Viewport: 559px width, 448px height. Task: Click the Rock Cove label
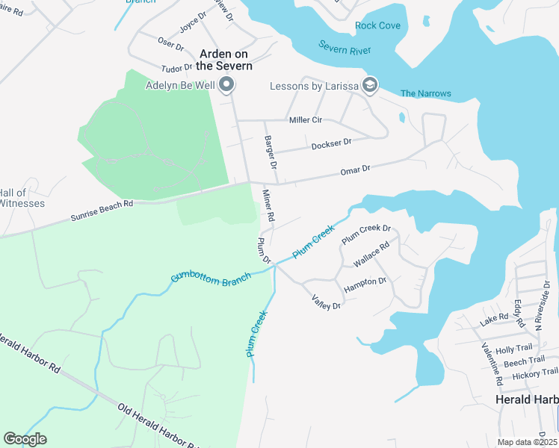pyautogui.click(x=377, y=25)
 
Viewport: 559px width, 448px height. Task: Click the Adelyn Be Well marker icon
pyautogui.click(x=226, y=84)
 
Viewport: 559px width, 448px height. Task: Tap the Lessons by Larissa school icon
pyautogui.click(x=368, y=84)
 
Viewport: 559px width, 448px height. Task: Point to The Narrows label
pyautogui.click(x=426, y=93)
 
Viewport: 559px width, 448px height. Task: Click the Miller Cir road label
pyautogui.click(x=305, y=119)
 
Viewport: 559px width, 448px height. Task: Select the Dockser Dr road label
pyautogui.click(x=331, y=143)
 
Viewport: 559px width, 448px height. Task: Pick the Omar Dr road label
pyautogui.click(x=356, y=169)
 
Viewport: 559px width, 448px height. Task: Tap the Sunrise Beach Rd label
pyautogui.click(x=102, y=208)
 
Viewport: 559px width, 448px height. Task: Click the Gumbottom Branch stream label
pyautogui.click(x=211, y=277)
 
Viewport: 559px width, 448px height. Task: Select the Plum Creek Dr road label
pyautogui.click(x=366, y=234)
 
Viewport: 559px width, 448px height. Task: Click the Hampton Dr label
pyautogui.click(x=365, y=284)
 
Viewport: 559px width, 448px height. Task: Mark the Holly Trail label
pyautogui.click(x=514, y=349)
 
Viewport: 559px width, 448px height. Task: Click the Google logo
pyautogui.click(x=25, y=439)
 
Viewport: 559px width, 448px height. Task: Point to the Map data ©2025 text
pyautogui.click(x=527, y=442)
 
